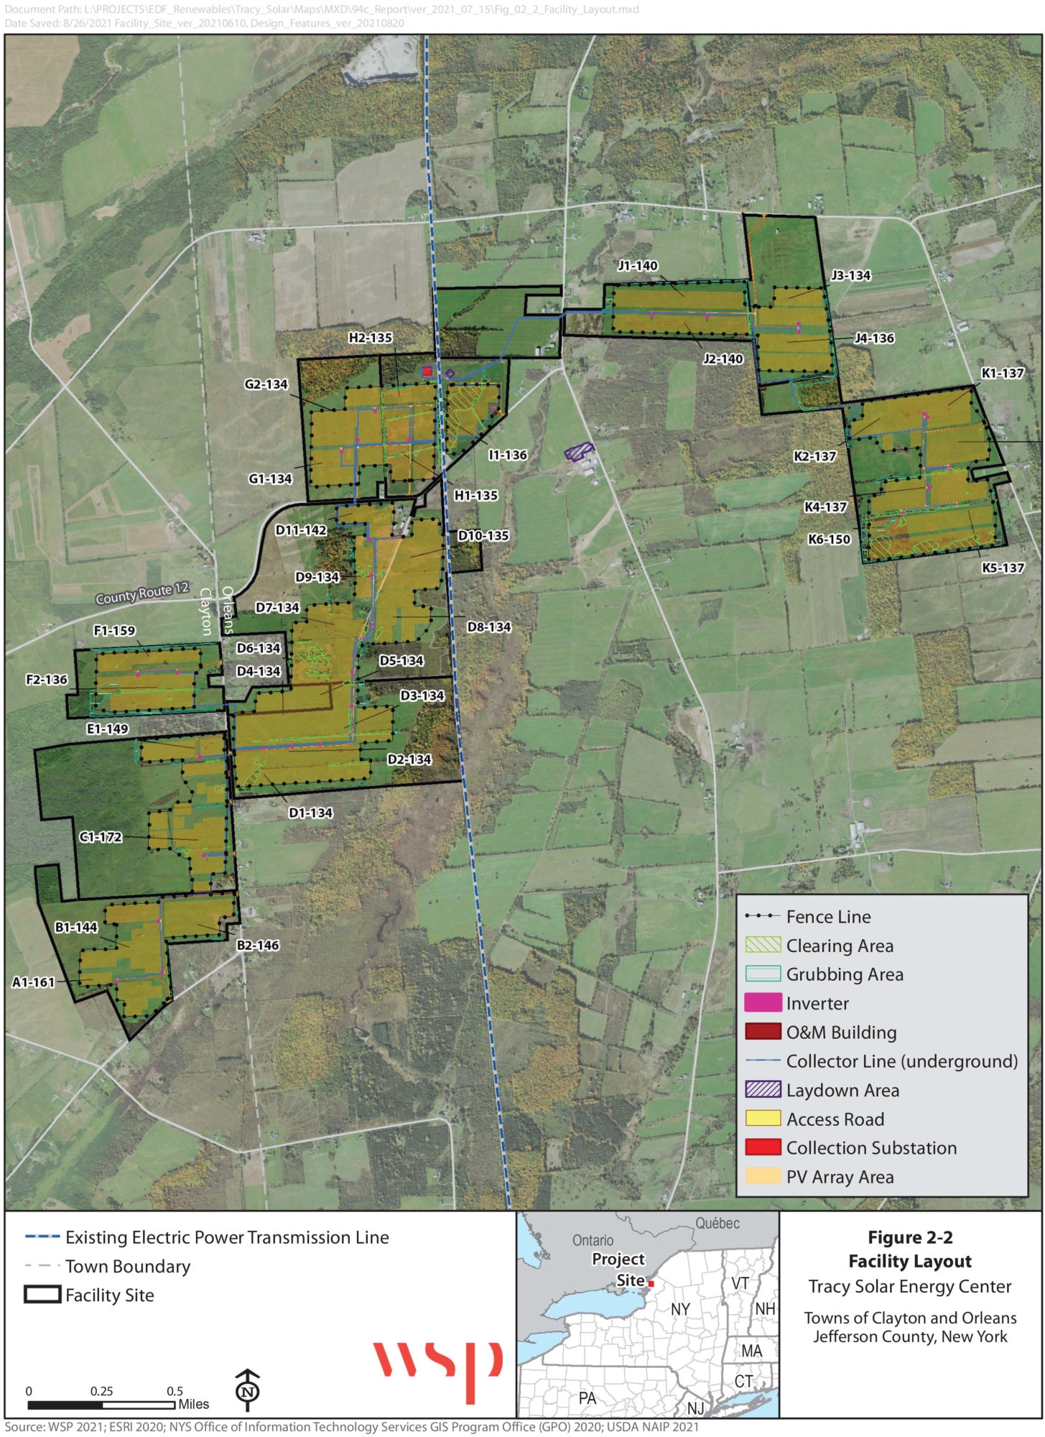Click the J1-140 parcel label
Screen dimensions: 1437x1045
tap(638, 266)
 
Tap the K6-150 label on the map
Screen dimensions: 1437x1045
tap(829, 539)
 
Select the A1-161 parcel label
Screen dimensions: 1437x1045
tap(33, 982)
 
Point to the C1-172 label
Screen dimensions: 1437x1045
tap(101, 837)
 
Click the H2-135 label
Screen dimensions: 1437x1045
tap(371, 338)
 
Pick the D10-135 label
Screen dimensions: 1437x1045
tap(483, 535)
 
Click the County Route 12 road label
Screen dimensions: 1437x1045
tap(142, 593)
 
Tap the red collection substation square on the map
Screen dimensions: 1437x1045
tap(427, 371)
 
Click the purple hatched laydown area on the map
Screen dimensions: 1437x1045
tap(578, 451)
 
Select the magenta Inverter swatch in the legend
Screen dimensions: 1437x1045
tap(763, 1003)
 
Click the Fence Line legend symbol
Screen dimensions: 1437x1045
tap(763, 916)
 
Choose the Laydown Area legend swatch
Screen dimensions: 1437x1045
tap(763, 1089)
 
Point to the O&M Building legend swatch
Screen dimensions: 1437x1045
tap(763, 1032)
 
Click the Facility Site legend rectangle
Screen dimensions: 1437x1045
tap(42, 1294)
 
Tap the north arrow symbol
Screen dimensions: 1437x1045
tap(248, 1390)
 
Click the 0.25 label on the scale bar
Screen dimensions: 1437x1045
tap(101, 1391)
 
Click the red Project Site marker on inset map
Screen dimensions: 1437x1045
tap(651, 1283)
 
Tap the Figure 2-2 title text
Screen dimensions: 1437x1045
tap(910, 1237)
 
